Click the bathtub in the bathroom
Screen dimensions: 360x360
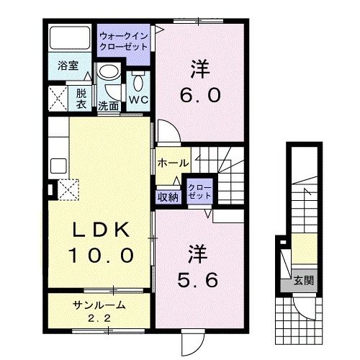(70, 40)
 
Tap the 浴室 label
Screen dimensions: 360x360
(70, 66)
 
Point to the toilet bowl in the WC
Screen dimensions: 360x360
(139, 77)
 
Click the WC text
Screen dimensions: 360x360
(138, 99)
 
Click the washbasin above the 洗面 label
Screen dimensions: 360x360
(109, 74)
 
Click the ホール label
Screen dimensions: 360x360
(173, 163)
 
